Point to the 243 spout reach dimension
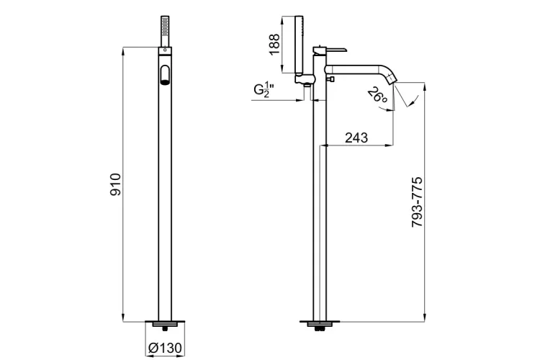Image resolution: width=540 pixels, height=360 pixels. (x=358, y=138)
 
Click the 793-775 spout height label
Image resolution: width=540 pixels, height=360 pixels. (x=418, y=203)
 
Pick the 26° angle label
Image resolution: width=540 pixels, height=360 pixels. (x=379, y=96)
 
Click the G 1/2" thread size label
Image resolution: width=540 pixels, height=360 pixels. (x=269, y=91)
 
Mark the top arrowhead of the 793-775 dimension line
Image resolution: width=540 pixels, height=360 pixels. (x=426, y=83)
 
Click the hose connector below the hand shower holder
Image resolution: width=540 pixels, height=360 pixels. (x=305, y=85)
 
